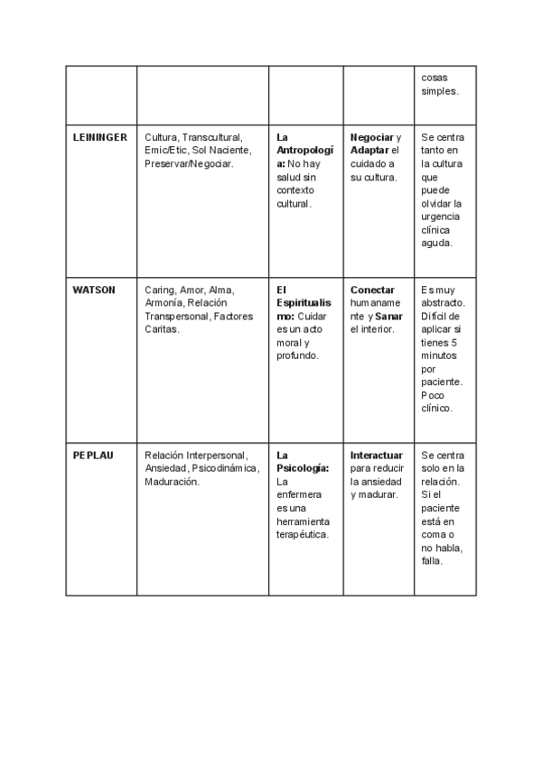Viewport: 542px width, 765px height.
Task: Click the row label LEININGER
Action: coord(99,137)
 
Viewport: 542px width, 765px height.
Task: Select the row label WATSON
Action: coord(94,290)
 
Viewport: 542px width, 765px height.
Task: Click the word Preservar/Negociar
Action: coord(188,164)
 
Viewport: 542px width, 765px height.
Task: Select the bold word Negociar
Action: coord(372,137)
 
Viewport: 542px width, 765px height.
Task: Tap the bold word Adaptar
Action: coord(369,151)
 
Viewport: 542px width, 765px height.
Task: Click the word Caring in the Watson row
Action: coord(159,290)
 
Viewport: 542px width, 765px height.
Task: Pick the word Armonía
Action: coord(164,303)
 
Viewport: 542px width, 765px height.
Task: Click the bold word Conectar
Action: coord(372,290)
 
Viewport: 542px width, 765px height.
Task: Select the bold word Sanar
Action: coord(389,317)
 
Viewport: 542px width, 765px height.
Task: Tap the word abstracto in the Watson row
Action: coord(443,304)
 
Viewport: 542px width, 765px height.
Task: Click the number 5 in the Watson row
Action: coord(453,344)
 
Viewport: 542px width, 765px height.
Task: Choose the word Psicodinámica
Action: coord(225,468)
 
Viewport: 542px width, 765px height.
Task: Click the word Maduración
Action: coord(172,482)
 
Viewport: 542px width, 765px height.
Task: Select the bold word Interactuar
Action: coord(376,455)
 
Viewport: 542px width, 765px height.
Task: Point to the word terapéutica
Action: coord(302,535)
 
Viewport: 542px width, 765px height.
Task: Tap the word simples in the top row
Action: coord(440,91)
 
